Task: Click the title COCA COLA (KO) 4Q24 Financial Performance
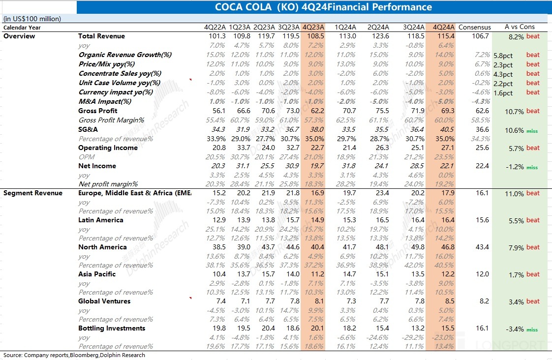323,7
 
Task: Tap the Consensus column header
474,27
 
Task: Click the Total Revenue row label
101,36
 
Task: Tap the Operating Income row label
108,148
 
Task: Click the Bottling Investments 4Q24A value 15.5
445,329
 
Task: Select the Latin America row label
100,220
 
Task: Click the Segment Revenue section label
33,193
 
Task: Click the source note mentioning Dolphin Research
74,355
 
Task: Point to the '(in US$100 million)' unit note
32,19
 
